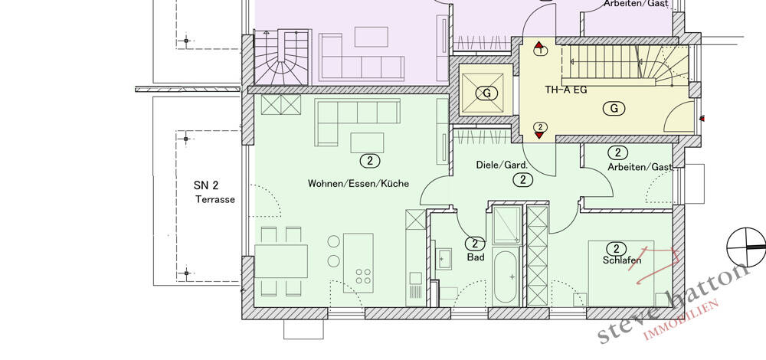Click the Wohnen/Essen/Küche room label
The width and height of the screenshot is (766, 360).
[358, 184]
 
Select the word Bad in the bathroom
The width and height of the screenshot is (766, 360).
[476, 258]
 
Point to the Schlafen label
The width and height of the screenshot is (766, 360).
[621, 260]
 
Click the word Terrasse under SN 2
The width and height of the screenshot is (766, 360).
[214, 199]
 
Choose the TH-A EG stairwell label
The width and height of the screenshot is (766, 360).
[565, 90]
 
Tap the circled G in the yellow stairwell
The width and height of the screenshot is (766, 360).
[614, 108]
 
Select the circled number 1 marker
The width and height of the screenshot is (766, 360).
[541, 51]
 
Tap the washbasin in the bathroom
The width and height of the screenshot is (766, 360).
[444, 259]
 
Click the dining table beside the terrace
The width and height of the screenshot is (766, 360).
[280, 260]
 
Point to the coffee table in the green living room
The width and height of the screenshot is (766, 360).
[367, 142]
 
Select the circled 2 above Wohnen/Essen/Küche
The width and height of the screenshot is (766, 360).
[369, 161]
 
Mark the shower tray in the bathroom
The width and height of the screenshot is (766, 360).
[506, 223]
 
